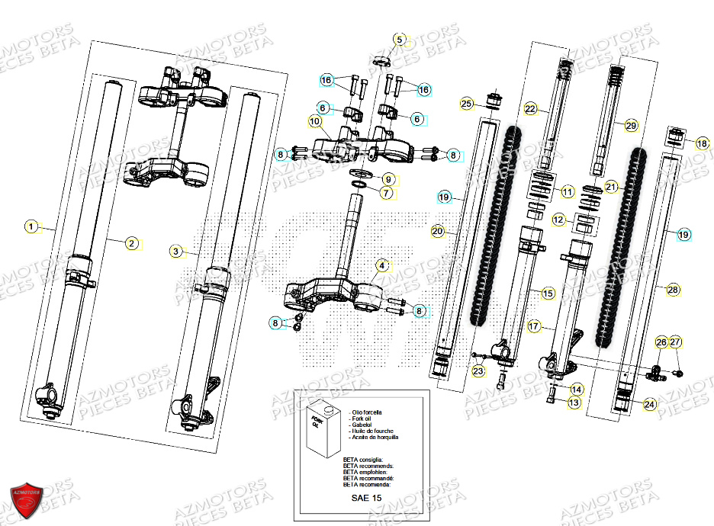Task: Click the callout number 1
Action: (31, 226)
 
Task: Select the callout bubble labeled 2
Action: (132, 243)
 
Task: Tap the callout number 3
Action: (175, 251)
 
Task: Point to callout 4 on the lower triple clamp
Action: (381, 266)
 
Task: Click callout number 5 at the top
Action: (400, 39)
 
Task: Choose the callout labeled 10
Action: (315, 120)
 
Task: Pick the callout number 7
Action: (387, 194)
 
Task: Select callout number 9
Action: (388, 180)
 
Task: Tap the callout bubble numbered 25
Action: (467, 104)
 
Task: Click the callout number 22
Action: (531, 109)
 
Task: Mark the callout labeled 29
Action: (630, 124)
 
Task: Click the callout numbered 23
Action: (478, 371)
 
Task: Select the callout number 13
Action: (574, 402)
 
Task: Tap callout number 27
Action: (677, 343)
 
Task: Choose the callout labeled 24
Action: (648, 405)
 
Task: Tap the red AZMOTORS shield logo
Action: (28, 501)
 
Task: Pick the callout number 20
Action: (437, 230)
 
